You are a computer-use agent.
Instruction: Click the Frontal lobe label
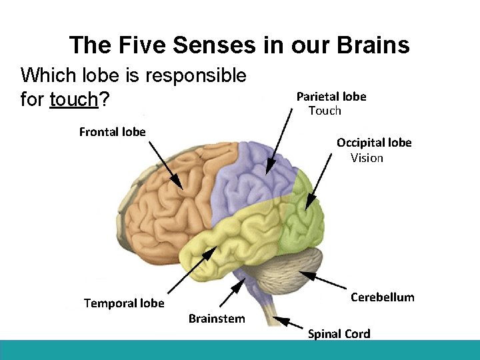pyautogui.click(x=112, y=131)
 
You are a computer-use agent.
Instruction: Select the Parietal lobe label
pyautogui.click(x=331, y=96)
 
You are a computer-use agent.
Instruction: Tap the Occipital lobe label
pyautogui.click(x=374, y=142)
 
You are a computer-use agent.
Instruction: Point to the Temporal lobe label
pyautogui.click(x=124, y=303)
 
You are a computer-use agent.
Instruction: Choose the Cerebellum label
pyautogui.click(x=382, y=297)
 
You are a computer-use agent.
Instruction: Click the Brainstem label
pyautogui.click(x=217, y=318)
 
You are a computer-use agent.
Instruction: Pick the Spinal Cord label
pyautogui.click(x=339, y=334)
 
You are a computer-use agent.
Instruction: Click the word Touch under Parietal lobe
pyautogui.click(x=325, y=111)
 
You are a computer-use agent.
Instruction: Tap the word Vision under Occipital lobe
pyautogui.click(x=367, y=157)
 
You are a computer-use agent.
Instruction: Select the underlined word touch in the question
pyautogui.click(x=73, y=100)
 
